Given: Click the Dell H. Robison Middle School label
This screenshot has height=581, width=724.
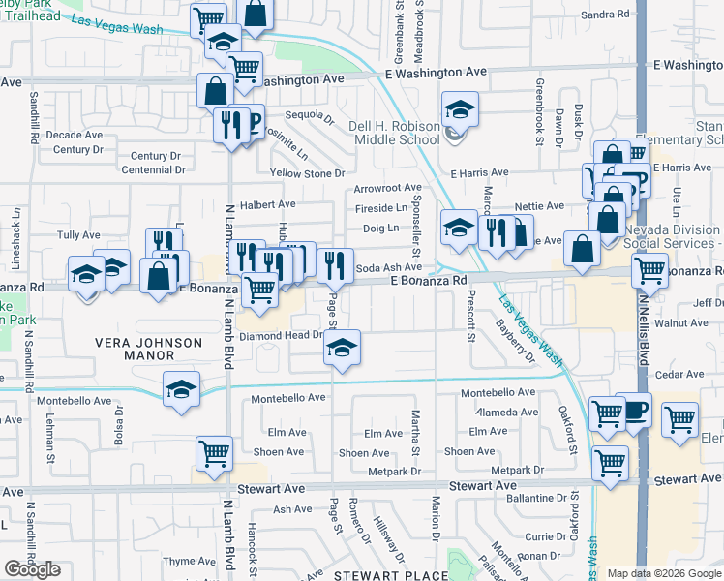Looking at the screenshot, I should tap(396, 133).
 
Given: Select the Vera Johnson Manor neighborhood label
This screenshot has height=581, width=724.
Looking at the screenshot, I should tap(148, 350).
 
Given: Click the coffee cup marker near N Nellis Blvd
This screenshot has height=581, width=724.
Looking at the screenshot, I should tap(633, 409).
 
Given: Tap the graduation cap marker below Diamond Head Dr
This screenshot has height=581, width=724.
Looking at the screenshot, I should tap(342, 348).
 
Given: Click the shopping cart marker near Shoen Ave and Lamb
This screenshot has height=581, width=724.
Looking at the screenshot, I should tap(214, 452).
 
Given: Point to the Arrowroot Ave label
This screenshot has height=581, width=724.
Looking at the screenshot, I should tap(387, 187).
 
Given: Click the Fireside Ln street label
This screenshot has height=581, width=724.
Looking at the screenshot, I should tap(381, 207).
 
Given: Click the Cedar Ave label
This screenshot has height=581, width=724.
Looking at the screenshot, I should tap(679, 374).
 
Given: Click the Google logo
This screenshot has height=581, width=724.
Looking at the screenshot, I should tap(33, 568).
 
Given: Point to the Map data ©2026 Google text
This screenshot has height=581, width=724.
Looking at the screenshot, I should tap(665, 573).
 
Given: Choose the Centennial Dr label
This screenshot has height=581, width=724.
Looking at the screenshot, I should tap(153, 169).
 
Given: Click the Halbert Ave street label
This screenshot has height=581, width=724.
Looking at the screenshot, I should tap(267, 204).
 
